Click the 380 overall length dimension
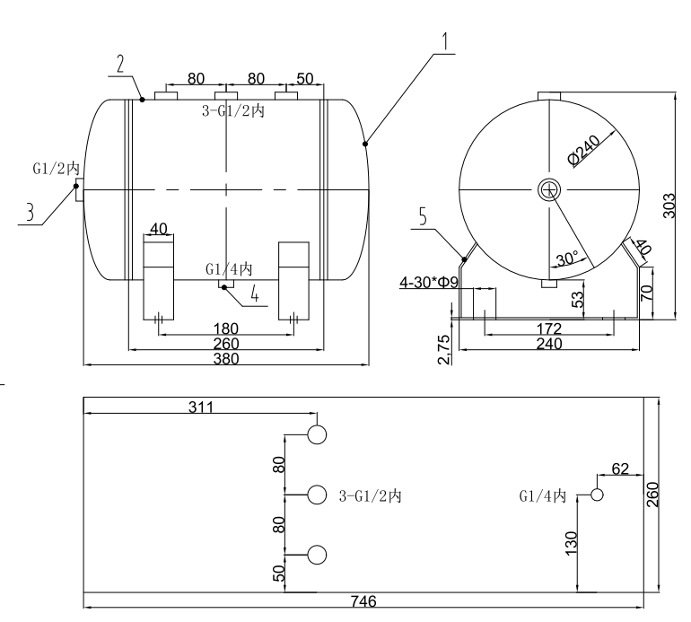pyautogui.click(x=226, y=358)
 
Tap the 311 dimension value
pyautogui.click(x=201, y=406)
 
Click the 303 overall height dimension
pyautogui.click(x=669, y=205)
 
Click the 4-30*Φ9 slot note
pyautogui.click(x=430, y=283)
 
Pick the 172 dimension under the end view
pyautogui.click(x=548, y=328)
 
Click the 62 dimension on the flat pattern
pyautogui.click(x=618, y=468)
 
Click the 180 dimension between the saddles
pyautogui.click(x=226, y=328)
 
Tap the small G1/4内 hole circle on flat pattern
pyautogui.click(x=596, y=495)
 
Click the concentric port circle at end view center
pyautogui.click(x=548, y=188)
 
